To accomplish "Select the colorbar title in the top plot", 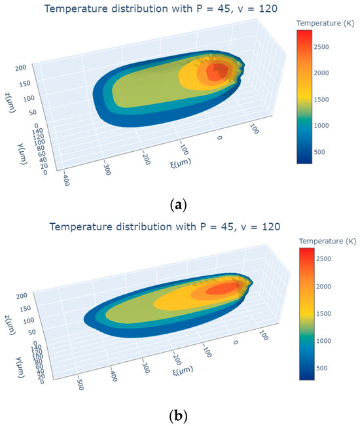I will [321, 23].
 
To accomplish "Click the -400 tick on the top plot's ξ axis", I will [63, 179].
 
